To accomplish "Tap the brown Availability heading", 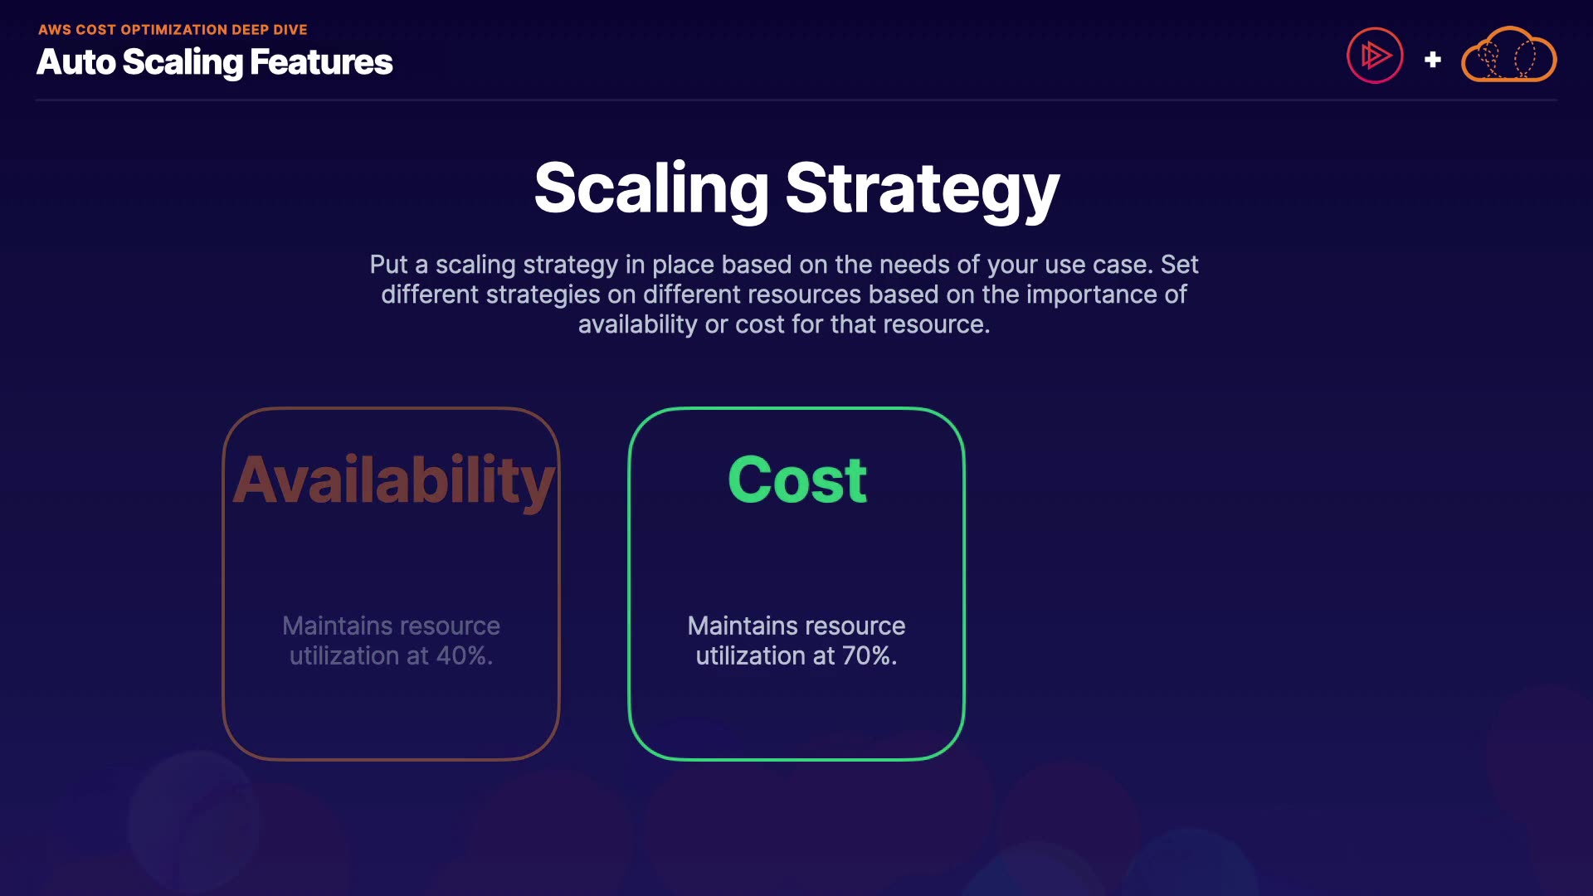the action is [393, 481].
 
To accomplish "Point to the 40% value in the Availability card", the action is [463, 655].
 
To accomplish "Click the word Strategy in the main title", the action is [922, 189].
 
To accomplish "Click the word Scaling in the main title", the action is [651, 189].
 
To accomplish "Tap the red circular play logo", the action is [1375, 56].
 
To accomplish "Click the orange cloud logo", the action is [1508, 56].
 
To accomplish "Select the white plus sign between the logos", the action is [1432, 60].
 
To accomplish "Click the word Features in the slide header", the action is [321, 62].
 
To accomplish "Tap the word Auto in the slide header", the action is [76, 62].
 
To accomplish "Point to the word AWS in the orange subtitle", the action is [55, 30].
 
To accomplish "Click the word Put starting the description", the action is [388, 265].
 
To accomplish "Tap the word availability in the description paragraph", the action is [637, 324].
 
